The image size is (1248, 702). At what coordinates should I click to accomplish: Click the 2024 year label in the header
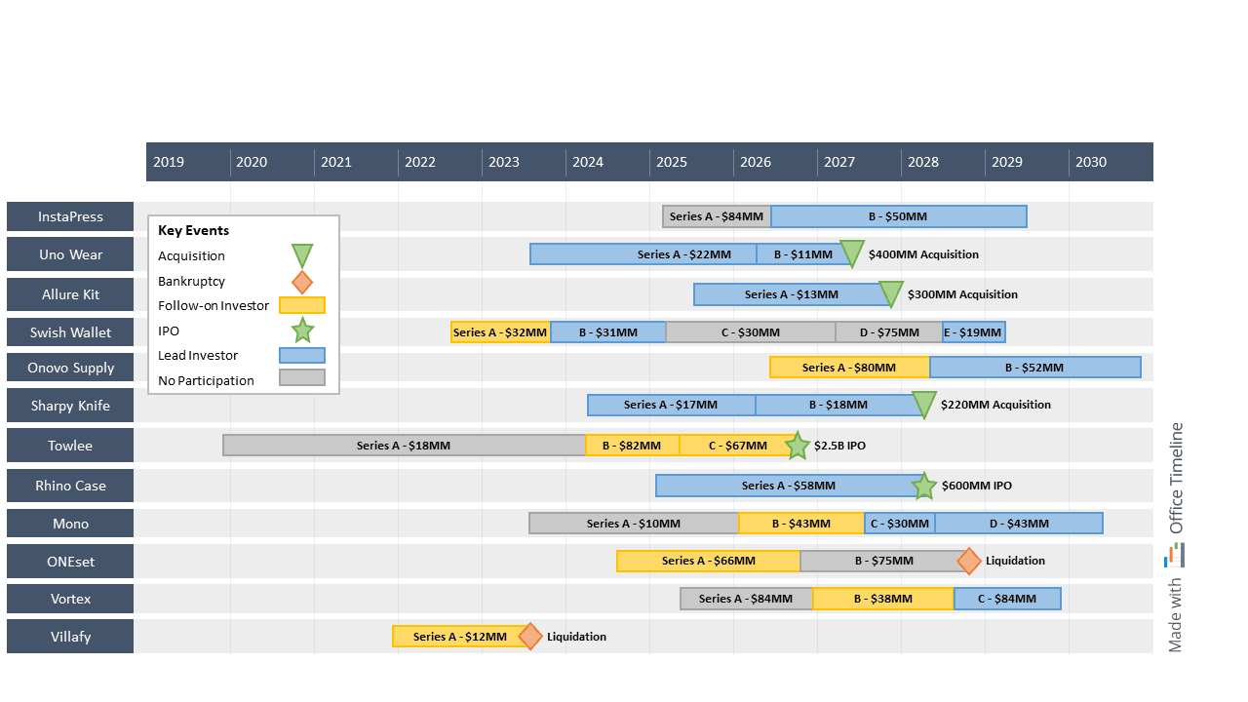[x=588, y=162]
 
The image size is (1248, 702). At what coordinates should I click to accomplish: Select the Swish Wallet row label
[x=70, y=332]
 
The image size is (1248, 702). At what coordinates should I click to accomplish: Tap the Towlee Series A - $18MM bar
[x=404, y=446]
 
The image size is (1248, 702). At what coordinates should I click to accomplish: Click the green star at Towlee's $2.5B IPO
[x=798, y=446]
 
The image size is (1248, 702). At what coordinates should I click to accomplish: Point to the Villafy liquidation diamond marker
[x=529, y=637]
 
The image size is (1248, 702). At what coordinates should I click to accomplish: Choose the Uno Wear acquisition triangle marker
[x=852, y=253]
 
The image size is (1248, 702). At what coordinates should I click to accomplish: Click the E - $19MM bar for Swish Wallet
[x=973, y=332]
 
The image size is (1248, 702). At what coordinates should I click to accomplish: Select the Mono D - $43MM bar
[x=1019, y=524]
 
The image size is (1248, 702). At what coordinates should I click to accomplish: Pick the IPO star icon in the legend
[x=302, y=331]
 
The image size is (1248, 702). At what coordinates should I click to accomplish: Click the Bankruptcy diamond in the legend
[x=302, y=282]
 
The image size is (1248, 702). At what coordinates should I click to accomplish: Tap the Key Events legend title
[x=194, y=231]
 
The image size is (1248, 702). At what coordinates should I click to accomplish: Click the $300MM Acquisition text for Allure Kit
[x=962, y=294]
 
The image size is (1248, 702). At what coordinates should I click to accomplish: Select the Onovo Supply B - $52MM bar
[x=1034, y=368]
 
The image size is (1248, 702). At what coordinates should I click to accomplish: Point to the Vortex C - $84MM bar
[x=1007, y=599]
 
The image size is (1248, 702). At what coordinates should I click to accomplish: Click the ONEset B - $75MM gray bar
[x=883, y=561]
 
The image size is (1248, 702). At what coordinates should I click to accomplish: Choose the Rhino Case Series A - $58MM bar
[x=788, y=486]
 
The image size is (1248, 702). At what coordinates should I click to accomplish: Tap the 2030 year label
[x=1091, y=162]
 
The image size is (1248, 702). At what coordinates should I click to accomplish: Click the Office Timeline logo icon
[x=1176, y=556]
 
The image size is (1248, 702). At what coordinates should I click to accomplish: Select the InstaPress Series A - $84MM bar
[x=717, y=216]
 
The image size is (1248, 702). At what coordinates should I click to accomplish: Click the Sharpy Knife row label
[x=70, y=406]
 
